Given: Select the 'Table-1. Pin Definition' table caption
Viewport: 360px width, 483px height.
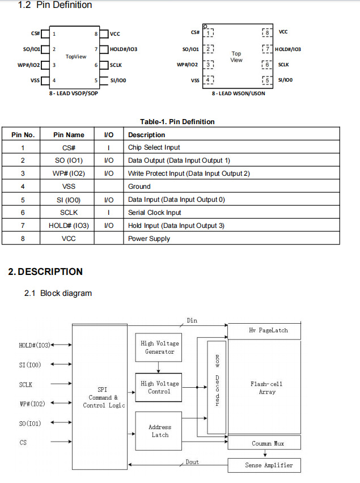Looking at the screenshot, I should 177,121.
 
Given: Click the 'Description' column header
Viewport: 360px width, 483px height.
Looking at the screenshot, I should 146,135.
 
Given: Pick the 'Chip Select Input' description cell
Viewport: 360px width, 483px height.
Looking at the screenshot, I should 154,148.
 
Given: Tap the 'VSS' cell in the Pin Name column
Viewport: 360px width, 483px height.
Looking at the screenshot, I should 69,187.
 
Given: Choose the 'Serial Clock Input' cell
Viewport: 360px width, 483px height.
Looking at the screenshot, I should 154,213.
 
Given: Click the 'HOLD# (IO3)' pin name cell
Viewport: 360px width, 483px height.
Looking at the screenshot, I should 69,226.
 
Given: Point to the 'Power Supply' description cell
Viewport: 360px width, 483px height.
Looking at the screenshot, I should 149,239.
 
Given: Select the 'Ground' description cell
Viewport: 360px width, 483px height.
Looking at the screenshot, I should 139,187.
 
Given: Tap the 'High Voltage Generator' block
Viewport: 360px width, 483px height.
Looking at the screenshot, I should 159,348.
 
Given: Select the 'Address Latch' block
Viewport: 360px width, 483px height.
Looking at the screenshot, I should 159,431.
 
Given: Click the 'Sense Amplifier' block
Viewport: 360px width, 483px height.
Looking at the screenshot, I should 264,465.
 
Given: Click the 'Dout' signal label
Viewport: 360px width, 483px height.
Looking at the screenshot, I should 192,462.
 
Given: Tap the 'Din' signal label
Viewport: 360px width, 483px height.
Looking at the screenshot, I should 192,321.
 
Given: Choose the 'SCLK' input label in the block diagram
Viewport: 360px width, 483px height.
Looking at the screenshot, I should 26,385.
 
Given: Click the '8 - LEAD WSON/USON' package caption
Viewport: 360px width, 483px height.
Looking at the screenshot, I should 238,94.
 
